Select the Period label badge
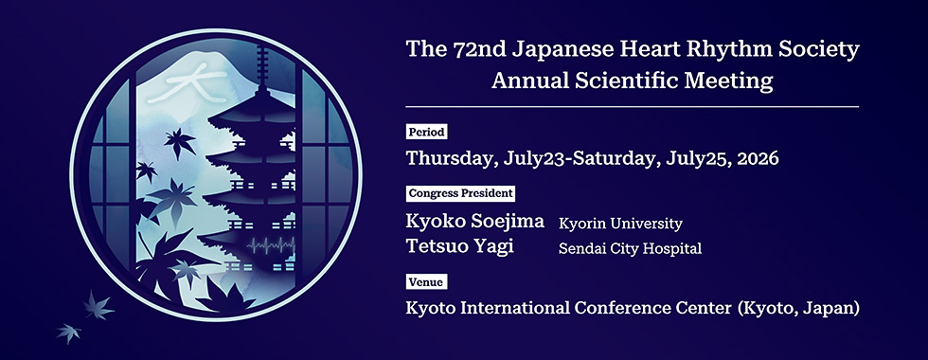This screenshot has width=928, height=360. [426, 132]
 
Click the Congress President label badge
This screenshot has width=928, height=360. [461, 193]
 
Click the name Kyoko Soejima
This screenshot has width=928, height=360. [475, 223]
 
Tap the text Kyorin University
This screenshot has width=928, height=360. [620, 224]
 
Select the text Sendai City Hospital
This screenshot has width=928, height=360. [630, 249]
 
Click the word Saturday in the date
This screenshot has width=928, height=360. [609, 158]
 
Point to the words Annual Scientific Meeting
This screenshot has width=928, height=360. [632, 81]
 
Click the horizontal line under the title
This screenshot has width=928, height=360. [632, 107]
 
